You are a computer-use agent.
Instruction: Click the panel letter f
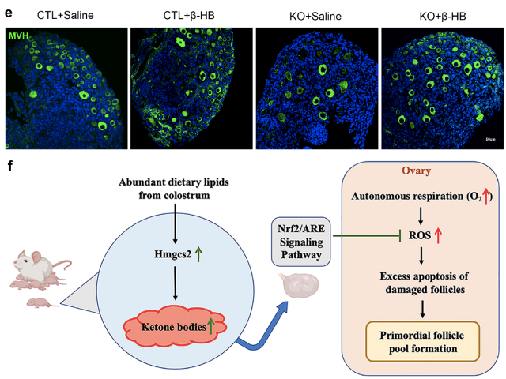[x=8, y=167]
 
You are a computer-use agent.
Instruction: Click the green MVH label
[x=20, y=36]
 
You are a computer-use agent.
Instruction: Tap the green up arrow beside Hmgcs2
[x=200, y=253]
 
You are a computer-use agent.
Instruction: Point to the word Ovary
[x=424, y=172]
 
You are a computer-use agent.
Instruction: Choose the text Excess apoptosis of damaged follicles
[x=423, y=281]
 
